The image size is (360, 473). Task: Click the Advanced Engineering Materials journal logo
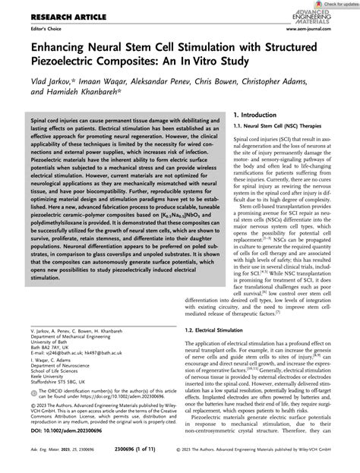(x=327, y=22)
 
